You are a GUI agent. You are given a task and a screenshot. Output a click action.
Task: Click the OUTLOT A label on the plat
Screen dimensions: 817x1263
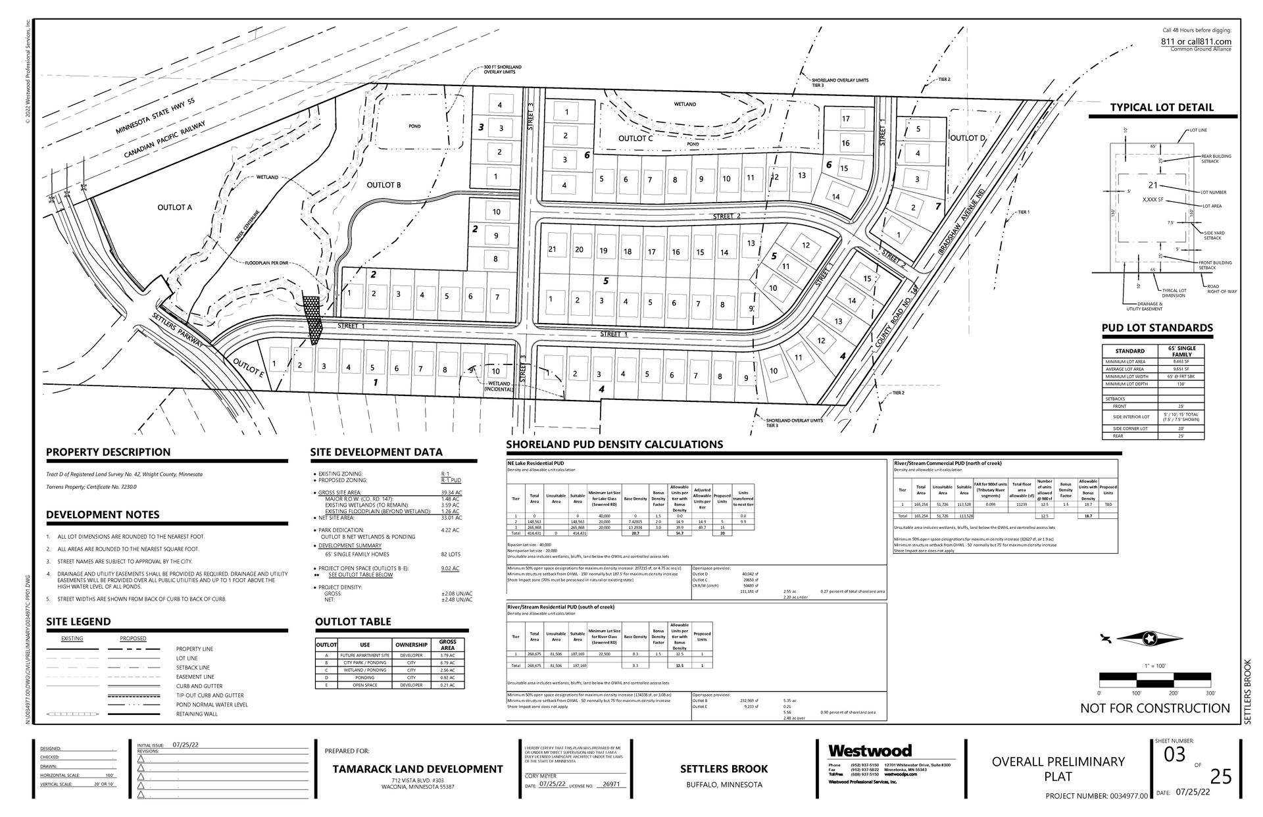click(x=174, y=207)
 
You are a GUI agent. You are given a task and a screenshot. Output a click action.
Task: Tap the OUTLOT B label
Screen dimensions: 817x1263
click(x=384, y=185)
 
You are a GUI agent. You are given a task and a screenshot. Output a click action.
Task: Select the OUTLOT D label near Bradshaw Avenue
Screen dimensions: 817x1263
click(x=967, y=137)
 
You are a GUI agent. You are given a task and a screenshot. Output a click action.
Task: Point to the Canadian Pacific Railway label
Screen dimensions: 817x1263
click(x=164, y=143)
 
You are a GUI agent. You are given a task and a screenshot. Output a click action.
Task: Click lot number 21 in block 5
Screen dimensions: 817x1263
click(x=552, y=249)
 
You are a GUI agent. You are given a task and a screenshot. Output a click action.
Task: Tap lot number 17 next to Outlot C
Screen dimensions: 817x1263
click(x=846, y=119)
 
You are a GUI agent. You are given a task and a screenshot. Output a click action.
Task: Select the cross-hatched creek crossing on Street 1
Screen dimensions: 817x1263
click(x=312, y=319)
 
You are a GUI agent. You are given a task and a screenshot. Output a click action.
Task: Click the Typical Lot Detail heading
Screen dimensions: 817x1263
click(x=1162, y=108)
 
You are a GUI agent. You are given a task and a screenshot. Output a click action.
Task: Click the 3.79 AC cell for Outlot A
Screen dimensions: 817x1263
click(x=447, y=655)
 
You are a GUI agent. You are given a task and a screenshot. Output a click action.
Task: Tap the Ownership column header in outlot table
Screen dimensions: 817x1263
click(x=411, y=645)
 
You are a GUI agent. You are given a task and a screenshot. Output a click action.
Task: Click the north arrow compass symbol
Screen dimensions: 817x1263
click(x=1148, y=638)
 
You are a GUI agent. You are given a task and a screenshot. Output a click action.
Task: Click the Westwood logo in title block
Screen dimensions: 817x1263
click(x=870, y=751)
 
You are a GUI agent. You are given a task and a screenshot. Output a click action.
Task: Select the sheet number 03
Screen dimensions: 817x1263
click(x=1174, y=755)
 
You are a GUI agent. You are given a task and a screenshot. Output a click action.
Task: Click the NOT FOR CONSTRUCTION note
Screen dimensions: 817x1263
click(x=1154, y=708)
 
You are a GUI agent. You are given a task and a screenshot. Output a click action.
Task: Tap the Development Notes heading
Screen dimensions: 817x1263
click(x=103, y=514)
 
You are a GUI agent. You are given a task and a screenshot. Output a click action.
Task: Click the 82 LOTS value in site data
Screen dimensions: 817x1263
click(x=451, y=555)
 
